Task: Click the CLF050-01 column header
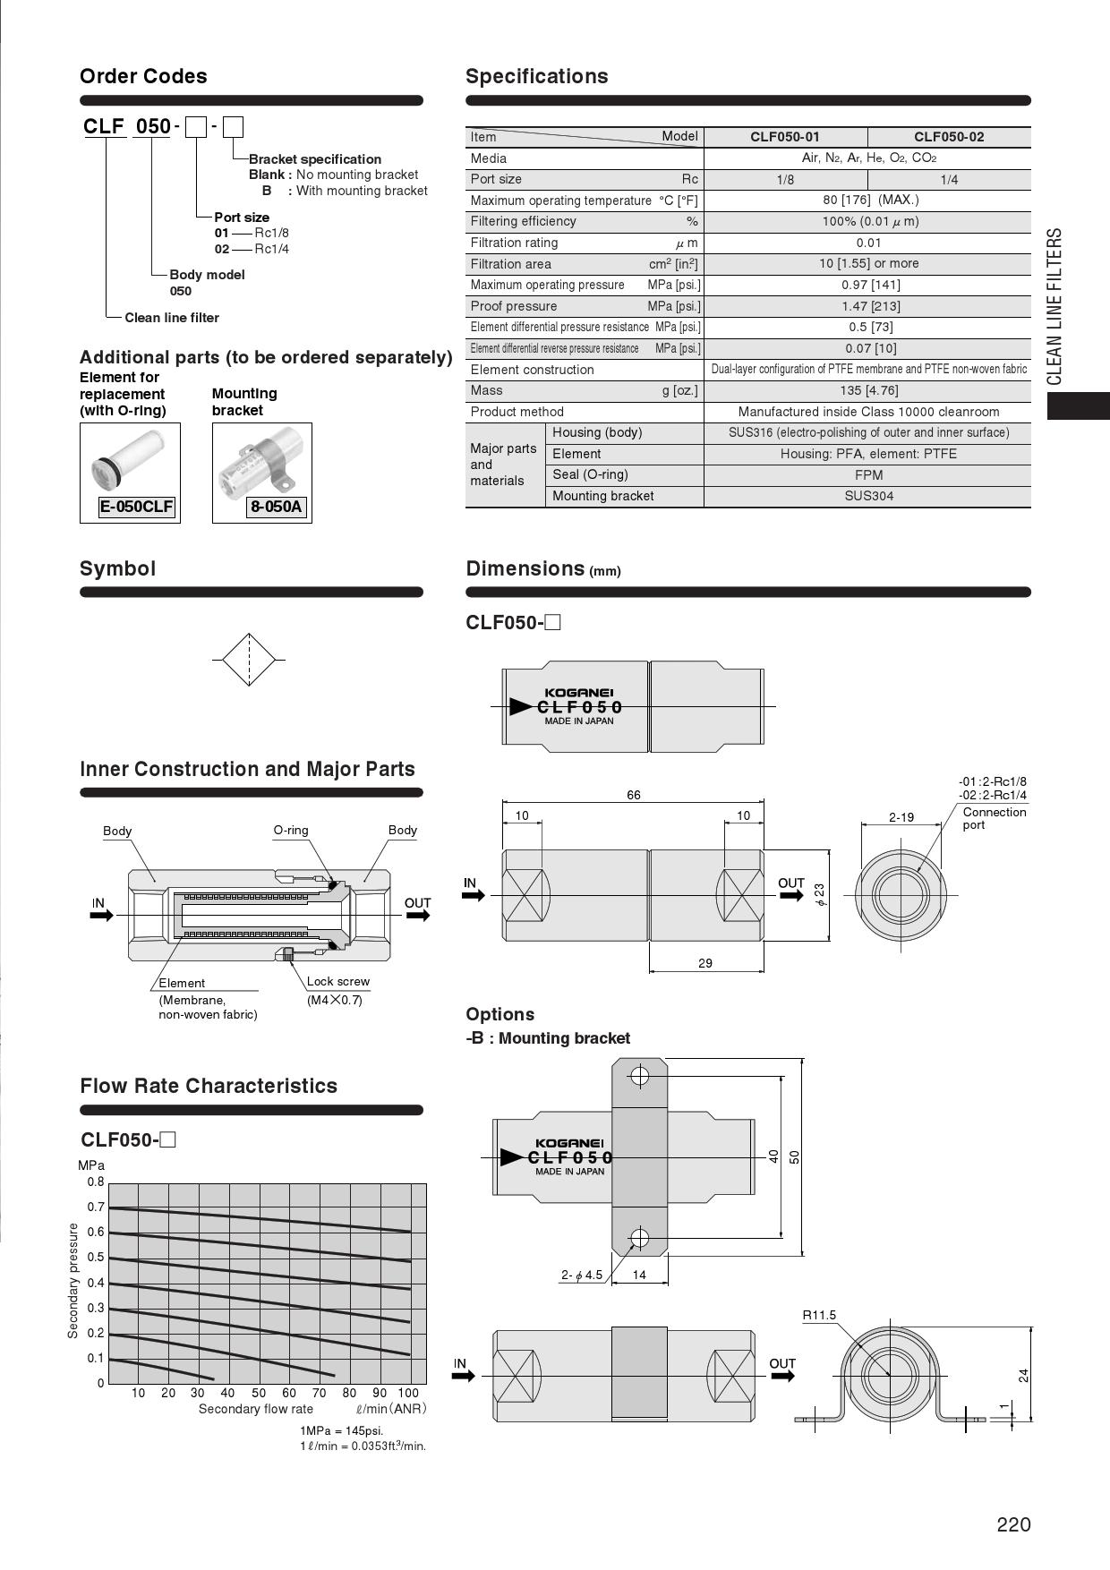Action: point(784,137)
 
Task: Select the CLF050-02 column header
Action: point(948,137)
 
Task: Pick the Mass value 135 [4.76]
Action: point(868,390)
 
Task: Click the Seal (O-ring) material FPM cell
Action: point(868,475)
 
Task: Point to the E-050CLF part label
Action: point(136,508)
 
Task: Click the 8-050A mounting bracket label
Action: point(277,508)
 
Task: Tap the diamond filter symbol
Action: point(248,660)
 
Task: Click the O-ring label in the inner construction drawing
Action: point(291,831)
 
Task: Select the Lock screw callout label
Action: point(337,982)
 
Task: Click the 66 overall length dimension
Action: point(633,795)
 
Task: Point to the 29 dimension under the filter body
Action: point(704,963)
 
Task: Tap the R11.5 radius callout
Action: point(819,1315)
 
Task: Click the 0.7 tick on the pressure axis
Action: point(96,1207)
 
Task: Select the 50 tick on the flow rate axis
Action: point(259,1393)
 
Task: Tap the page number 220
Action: point(1013,1525)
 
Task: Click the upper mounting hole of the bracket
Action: point(639,1075)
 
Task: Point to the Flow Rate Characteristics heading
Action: point(209,1086)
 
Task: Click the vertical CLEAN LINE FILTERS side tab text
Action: point(1054,306)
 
